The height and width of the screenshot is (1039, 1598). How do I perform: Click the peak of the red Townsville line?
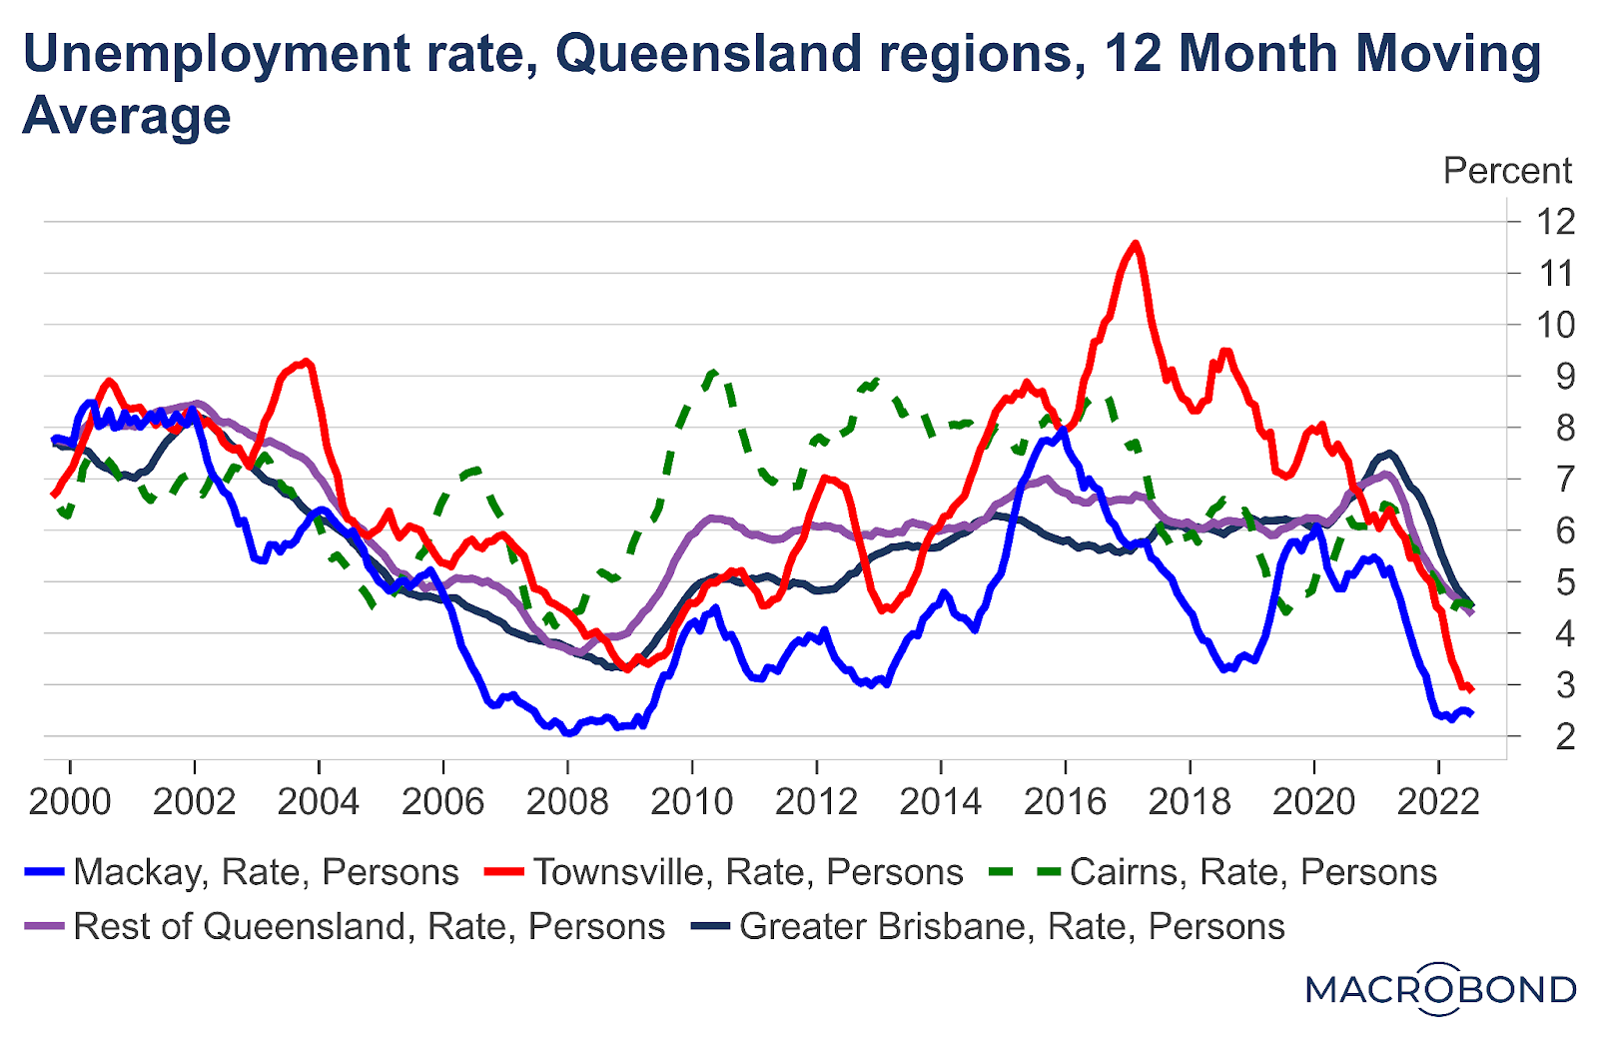tap(1135, 243)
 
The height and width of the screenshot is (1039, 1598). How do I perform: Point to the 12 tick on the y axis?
tap(1555, 221)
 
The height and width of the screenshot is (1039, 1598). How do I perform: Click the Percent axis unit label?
tap(1507, 171)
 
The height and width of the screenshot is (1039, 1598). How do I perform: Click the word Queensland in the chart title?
tap(708, 54)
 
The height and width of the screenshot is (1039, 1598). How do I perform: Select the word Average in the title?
tap(127, 116)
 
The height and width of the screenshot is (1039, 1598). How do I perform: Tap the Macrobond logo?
tap(1440, 989)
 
